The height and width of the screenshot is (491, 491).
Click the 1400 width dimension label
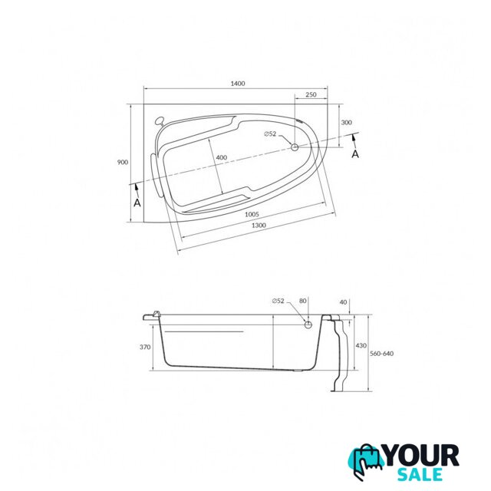coord(238,84)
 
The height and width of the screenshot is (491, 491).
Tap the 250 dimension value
coord(311,94)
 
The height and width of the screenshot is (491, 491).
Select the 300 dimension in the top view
coord(346,123)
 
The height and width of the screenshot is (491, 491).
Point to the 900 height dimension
coord(123,162)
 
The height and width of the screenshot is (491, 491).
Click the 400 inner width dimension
coord(222,157)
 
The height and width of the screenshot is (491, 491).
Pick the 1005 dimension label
coord(252,214)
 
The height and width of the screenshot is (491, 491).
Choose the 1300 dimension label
coord(259,225)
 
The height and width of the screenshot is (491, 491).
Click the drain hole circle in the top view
coord(295,147)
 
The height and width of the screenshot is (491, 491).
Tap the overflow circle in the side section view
coord(308,325)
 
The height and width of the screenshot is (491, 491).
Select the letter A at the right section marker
coord(355,154)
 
